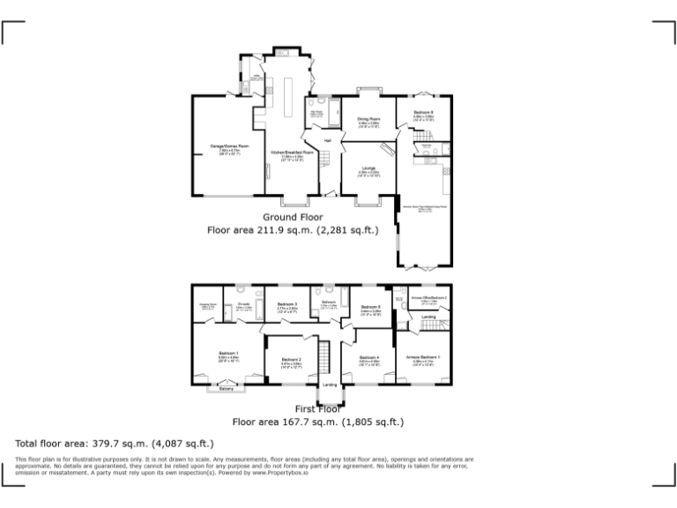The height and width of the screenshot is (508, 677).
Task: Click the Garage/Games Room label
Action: pos(229,146)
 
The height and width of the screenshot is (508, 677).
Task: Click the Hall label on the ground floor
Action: pos(327,141)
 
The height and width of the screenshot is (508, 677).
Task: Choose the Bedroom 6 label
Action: pos(423,113)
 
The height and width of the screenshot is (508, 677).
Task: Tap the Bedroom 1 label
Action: pos(229,353)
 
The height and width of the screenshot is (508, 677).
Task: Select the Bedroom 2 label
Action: pos(292,359)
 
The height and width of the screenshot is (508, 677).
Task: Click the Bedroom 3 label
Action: pos(288,304)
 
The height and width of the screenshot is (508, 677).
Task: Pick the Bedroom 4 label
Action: pos(368,357)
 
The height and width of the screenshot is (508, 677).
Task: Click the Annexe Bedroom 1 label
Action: pos(423,356)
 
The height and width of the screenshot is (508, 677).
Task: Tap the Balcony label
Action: pos(227,389)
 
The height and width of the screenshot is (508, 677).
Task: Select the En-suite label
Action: pos(244,303)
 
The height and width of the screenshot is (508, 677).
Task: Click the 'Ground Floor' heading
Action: pos(293,217)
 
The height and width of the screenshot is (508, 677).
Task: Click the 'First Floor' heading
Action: pos(317,409)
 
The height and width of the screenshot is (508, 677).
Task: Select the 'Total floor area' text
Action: pos(56,444)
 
